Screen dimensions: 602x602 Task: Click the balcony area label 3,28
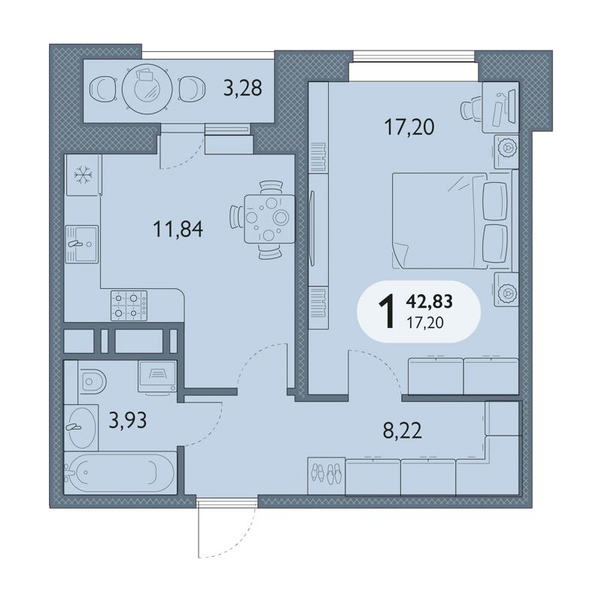tap(242, 88)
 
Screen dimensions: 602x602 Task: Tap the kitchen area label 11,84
tap(178, 229)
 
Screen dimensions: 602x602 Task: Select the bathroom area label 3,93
tap(128, 420)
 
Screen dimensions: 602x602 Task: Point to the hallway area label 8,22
tap(403, 430)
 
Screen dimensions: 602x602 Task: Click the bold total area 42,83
tap(429, 302)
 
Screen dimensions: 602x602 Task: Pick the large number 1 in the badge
tap(387, 312)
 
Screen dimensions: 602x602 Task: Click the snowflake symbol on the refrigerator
tap(84, 175)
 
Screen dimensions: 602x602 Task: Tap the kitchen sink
tap(82, 244)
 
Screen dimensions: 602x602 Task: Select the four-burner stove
tap(129, 306)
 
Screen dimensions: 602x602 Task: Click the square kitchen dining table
tap(269, 219)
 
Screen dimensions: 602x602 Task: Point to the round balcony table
tap(147, 89)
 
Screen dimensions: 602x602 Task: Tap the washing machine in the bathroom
tap(158, 377)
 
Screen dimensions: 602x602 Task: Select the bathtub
tap(120, 473)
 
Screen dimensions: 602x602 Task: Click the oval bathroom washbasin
tap(82, 427)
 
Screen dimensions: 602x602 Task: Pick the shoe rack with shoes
tap(327, 476)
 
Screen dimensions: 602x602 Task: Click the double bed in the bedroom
tap(452, 220)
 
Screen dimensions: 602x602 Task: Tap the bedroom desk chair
tap(472, 108)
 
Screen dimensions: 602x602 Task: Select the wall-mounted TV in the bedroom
tap(312, 229)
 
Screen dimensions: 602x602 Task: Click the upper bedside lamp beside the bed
tap(506, 147)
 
